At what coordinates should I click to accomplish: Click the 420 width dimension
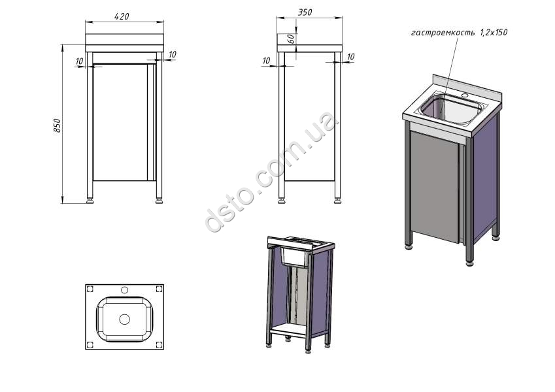tap(122, 16)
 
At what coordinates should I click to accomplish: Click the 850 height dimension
tap(57, 125)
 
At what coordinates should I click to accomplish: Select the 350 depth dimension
tap(305, 12)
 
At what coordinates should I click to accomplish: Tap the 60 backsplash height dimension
tap(291, 39)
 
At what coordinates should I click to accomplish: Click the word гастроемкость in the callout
tap(443, 33)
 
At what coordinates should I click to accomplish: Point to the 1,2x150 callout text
tap(494, 32)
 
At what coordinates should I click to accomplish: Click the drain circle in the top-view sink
tap(125, 319)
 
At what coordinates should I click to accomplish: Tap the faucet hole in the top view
tap(124, 290)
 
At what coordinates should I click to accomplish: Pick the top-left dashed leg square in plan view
tap(90, 289)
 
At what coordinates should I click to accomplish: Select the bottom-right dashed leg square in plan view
tap(159, 344)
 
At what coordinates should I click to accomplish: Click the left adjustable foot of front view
tap(90, 201)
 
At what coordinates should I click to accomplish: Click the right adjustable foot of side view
tap(338, 201)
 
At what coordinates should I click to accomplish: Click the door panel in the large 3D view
tap(435, 188)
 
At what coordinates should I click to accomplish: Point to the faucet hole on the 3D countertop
tap(465, 95)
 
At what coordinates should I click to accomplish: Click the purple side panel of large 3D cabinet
tap(484, 177)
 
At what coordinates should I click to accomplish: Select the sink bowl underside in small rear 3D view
tap(294, 257)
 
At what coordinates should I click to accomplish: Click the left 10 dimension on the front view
tap(79, 61)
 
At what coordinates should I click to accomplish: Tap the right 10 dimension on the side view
tap(350, 57)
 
